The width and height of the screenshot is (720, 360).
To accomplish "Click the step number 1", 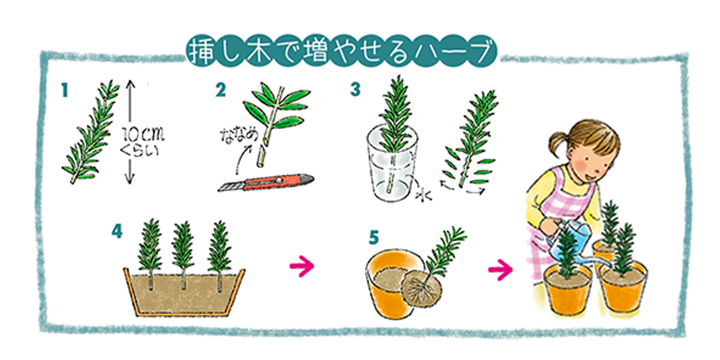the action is [65, 90].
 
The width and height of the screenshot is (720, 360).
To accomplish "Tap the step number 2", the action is [221, 90].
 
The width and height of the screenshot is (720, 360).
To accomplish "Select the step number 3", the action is [355, 89].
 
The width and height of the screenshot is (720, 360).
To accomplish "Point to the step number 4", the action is [117, 231].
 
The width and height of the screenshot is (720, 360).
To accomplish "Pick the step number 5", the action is [374, 238].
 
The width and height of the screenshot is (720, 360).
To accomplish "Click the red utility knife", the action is [266, 182].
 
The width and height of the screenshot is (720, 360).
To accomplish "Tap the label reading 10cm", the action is [143, 134].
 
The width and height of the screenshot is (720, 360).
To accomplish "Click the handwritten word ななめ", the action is [239, 136].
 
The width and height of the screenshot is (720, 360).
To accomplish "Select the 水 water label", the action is [424, 195].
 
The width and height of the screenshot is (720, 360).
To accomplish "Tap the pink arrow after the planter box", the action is [301, 266].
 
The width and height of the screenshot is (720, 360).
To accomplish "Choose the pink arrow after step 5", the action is [500, 269].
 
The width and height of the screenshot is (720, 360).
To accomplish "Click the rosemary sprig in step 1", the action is [91, 132].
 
